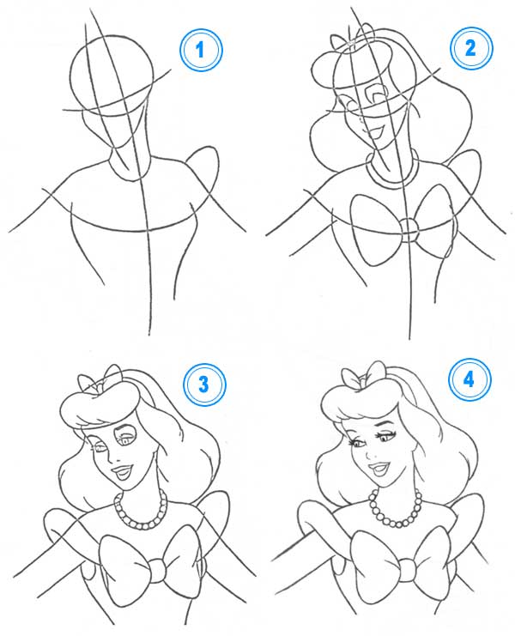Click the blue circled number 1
pyautogui.click(x=200, y=51)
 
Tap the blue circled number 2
pyautogui.click(x=470, y=48)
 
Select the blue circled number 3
pyautogui.click(x=204, y=384)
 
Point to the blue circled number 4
pyautogui.click(x=470, y=379)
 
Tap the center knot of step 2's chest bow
pyautogui.click(x=408, y=230)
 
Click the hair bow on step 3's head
pyautogui.click(x=100, y=380)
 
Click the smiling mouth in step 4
pyautogui.click(x=379, y=469)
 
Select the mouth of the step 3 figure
pyautogui.click(x=124, y=472)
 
